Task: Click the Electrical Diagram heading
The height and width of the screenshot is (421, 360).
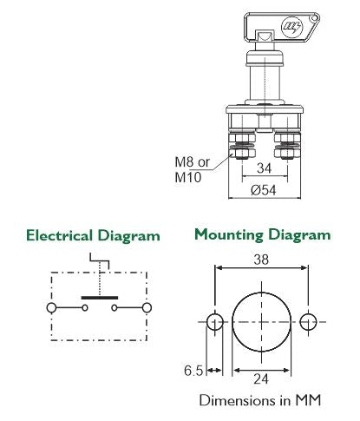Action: tap(93, 235)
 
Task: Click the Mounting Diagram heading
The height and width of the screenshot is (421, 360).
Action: tap(262, 234)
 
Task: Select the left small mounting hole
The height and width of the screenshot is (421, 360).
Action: tap(215, 321)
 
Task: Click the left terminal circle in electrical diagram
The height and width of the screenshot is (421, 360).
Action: tap(52, 307)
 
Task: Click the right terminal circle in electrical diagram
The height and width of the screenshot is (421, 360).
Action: tap(147, 307)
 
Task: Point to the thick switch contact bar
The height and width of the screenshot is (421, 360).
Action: tap(98, 298)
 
